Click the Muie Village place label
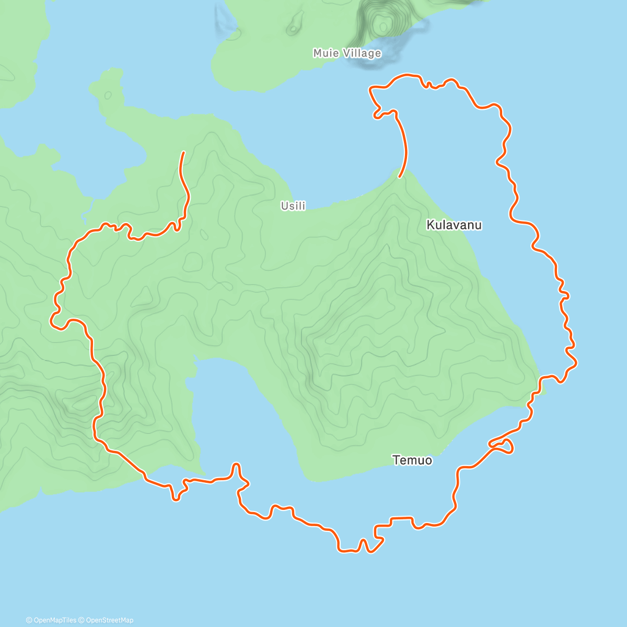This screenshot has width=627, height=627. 347,53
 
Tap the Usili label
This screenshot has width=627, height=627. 293,206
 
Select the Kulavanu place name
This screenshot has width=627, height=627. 454,225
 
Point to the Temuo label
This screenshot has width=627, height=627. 412,460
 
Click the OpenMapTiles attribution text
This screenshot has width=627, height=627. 54,620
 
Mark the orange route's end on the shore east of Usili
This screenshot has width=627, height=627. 400,177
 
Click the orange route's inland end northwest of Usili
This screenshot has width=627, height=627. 183,152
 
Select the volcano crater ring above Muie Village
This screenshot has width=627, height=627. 383,24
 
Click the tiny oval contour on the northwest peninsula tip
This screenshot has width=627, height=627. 108,95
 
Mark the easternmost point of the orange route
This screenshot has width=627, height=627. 576,361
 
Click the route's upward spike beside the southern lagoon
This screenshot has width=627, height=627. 236,465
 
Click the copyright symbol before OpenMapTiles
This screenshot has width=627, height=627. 29,620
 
